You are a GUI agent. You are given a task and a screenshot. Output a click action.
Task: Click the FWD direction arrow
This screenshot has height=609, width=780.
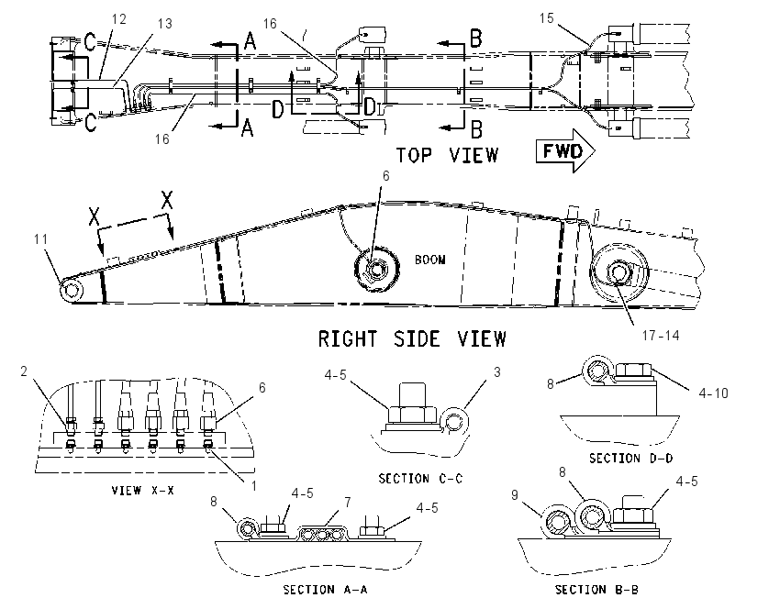(565, 150)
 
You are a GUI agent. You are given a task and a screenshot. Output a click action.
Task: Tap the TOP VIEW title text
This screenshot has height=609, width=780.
(447, 155)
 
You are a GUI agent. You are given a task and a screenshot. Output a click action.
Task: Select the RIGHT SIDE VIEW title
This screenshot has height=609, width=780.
(412, 339)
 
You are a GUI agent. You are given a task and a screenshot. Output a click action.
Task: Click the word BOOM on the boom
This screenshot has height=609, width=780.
(429, 260)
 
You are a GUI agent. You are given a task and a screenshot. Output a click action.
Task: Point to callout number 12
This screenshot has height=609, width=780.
(119, 19)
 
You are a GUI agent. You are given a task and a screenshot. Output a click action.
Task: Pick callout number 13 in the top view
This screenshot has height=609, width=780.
(164, 23)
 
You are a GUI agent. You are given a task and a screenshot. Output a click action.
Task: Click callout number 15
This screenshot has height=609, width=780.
(546, 18)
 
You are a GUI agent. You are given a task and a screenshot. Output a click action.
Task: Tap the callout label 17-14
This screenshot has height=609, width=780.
(660, 336)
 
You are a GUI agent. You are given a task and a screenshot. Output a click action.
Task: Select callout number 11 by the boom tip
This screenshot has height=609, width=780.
(40, 239)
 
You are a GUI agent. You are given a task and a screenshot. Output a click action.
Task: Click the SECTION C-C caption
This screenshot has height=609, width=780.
(420, 479)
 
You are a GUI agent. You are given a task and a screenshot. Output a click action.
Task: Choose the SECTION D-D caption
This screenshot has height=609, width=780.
(630, 458)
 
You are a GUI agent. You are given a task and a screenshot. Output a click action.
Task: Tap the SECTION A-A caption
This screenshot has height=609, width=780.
(326, 590)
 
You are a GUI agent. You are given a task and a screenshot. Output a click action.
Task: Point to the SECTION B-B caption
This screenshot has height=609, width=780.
(596, 590)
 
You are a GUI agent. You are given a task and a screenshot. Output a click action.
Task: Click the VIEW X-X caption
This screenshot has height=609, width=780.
(143, 490)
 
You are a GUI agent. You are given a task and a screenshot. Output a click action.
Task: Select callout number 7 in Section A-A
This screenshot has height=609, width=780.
(348, 503)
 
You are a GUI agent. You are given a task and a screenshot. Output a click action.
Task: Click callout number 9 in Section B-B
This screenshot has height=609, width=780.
(515, 494)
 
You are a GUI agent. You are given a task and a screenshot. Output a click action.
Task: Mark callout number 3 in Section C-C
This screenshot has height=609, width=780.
(496, 371)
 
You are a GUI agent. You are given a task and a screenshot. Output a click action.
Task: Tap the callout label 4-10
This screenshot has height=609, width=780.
(713, 393)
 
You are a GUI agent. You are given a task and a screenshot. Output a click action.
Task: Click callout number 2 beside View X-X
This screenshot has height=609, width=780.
(23, 371)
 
